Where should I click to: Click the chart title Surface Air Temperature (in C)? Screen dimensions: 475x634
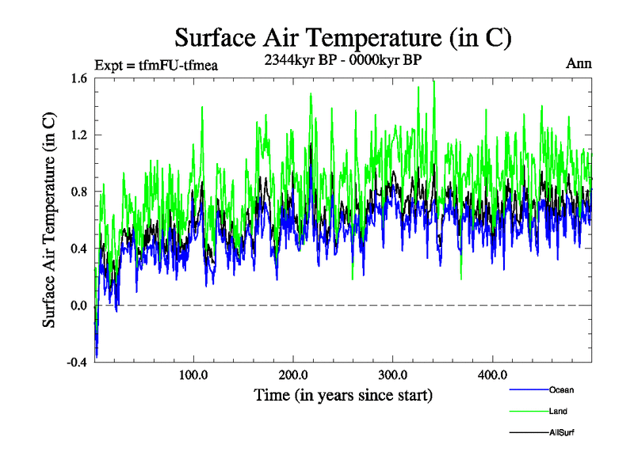pyautogui.click(x=342, y=37)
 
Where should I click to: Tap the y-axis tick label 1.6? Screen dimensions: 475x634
pyautogui.click(x=79, y=78)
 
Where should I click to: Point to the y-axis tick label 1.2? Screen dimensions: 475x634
pyautogui.click(x=79, y=135)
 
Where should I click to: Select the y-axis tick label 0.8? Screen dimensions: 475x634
pyautogui.click(x=79, y=192)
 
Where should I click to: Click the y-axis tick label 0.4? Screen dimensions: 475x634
pyautogui.click(x=79, y=249)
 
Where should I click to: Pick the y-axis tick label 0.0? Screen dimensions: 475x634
pyautogui.click(x=79, y=306)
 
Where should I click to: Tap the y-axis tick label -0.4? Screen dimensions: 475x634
pyautogui.click(x=78, y=363)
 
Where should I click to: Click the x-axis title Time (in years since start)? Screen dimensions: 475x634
pyautogui.click(x=342, y=393)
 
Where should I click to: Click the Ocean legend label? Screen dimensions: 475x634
pyautogui.click(x=560, y=389)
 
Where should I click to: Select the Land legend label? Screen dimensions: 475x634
pyautogui.click(x=558, y=411)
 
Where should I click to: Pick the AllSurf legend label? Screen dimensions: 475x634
pyautogui.click(x=560, y=432)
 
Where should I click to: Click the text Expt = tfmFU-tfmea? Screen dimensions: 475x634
pyautogui.click(x=155, y=65)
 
